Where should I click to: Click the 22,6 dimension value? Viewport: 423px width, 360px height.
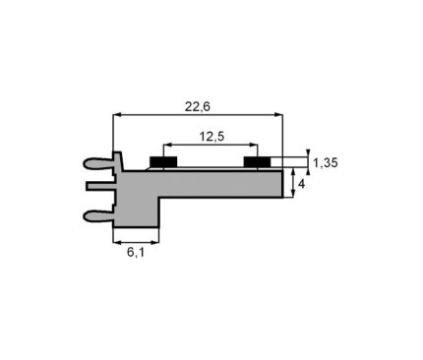(x=197, y=106)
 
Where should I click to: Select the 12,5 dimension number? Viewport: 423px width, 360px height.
(x=211, y=136)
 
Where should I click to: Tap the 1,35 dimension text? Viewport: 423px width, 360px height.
(x=326, y=162)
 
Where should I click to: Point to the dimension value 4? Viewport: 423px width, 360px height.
(x=301, y=184)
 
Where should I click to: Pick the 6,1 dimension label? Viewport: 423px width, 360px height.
(x=136, y=252)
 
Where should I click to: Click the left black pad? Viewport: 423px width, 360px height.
(x=163, y=161)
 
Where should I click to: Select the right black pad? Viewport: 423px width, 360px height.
(x=258, y=161)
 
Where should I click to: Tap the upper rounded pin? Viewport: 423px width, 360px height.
(x=99, y=163)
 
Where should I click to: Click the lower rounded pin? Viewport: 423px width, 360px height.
(x=99, y=215)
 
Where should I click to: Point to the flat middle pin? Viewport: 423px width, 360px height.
(x=101, y=186)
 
